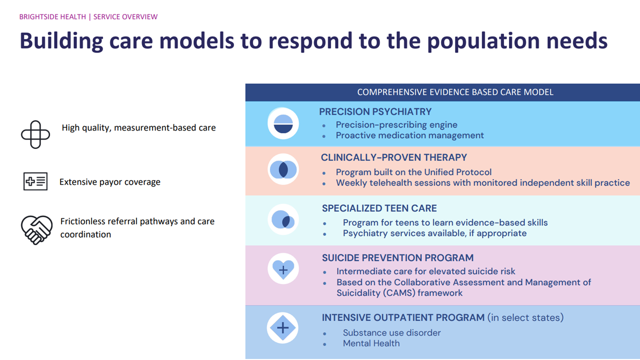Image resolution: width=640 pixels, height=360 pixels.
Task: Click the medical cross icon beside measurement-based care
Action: tap(35, 134)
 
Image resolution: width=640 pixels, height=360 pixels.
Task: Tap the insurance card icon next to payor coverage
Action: tap(35, 181)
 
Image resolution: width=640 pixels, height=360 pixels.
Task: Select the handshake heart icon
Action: tap(36, 230)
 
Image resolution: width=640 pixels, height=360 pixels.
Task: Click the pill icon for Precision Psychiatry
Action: tap(283, 123)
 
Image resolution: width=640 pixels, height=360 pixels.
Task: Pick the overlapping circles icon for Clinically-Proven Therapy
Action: tap(283, 169)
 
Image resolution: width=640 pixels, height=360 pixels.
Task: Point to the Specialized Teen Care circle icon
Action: tap(283, 219)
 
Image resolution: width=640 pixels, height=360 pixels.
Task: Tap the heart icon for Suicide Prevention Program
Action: tap(283, 269)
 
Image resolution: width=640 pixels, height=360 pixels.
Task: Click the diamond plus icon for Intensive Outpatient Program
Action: tap(283, 327)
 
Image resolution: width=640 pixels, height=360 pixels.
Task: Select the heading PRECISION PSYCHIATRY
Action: tap(375, 111)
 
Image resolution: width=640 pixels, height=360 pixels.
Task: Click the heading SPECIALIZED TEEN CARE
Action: tap(379, 208)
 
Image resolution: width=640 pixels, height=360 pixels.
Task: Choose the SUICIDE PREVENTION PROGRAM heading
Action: tap(397, 257)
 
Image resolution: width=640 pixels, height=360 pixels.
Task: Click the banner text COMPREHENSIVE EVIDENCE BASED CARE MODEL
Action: tap(455, 92)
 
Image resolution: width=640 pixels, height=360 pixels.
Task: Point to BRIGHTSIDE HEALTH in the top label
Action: tap(52, 17)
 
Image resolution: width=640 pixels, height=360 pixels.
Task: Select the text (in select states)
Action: tap(525, 317)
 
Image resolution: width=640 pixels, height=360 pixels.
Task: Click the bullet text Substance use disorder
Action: tap(391, 333)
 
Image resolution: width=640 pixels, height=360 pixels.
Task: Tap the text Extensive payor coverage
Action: tap(109, 182)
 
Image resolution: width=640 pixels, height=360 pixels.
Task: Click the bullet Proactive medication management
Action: tap(409, 135)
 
